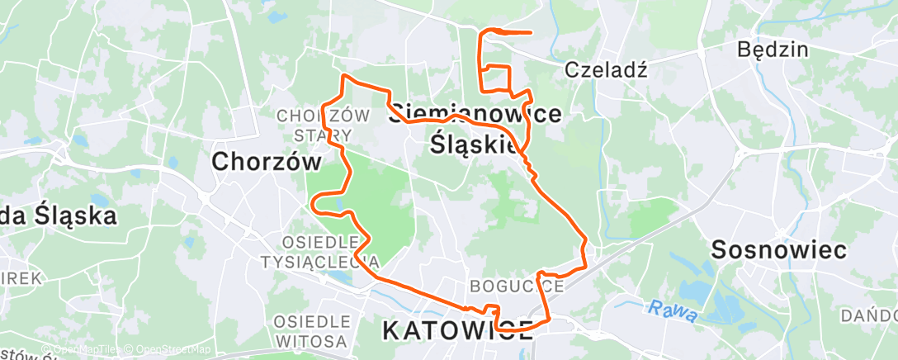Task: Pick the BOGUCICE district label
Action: tap(517, 287)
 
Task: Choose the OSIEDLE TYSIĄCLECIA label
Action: tap(330, 252)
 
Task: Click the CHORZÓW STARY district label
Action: tap(315, 125)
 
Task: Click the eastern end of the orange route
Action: tap(529, 33)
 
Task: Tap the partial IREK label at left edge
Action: tap(21, 278)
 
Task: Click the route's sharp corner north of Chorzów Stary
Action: tap(344, 76)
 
